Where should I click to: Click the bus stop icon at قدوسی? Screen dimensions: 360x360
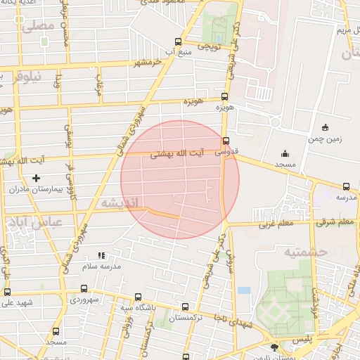225,140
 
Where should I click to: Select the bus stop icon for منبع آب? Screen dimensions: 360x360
178,41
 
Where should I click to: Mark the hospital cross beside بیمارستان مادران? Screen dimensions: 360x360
37,179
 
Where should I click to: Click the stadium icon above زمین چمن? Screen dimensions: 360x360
325,127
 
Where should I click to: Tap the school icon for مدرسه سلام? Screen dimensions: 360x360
102,255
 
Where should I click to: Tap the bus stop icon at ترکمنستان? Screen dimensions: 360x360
185,307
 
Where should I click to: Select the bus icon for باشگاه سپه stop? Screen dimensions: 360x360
137,298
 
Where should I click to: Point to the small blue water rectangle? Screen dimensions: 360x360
244,290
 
